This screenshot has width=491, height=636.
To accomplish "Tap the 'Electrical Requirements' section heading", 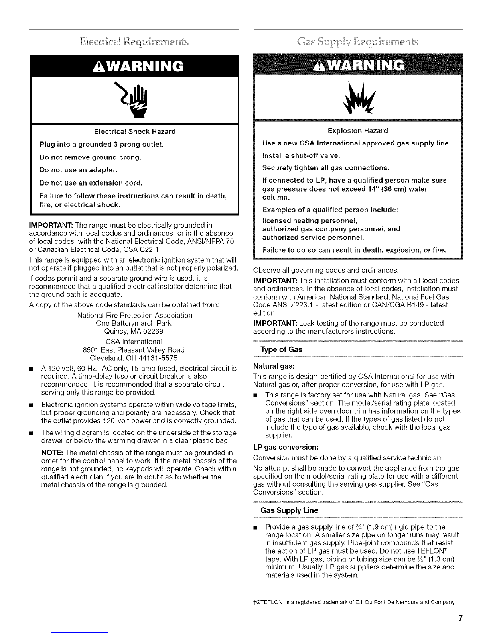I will tap(135, 41).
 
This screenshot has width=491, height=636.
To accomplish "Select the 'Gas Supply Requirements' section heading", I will tap(358, 41).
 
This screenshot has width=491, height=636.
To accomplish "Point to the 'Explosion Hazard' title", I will tap(358, 130).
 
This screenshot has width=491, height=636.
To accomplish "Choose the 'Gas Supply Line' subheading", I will tap(289, 510).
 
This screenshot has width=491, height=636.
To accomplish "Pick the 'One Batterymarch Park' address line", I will tap(134, 323).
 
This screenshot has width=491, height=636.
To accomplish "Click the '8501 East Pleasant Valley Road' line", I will tap(133, 350).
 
